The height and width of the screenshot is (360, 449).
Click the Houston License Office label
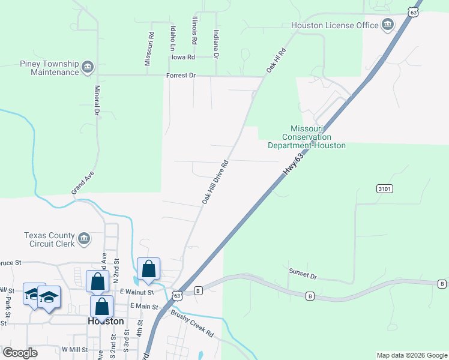click(334, 25)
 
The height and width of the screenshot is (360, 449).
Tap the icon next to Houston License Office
click(388, 25)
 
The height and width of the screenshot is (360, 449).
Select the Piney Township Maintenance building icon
click(88, 66)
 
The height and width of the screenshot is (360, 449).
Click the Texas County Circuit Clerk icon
click(84, 240)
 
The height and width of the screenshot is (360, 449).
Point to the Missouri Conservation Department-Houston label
click(307, 137)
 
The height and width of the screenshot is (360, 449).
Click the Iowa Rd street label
click(184, 57)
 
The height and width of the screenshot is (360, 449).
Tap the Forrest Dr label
click(181, 76)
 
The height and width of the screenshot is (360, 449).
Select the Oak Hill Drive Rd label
click(215, 182)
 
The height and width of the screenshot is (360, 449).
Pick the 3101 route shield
click(385, 188)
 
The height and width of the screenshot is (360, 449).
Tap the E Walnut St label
click(137, 292)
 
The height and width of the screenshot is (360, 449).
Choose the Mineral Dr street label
click(96, 100)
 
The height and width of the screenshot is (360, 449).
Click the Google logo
click(20, 353)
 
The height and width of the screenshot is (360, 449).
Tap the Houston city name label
click(106, 321)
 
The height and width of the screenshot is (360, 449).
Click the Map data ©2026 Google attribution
click(411, 355)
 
